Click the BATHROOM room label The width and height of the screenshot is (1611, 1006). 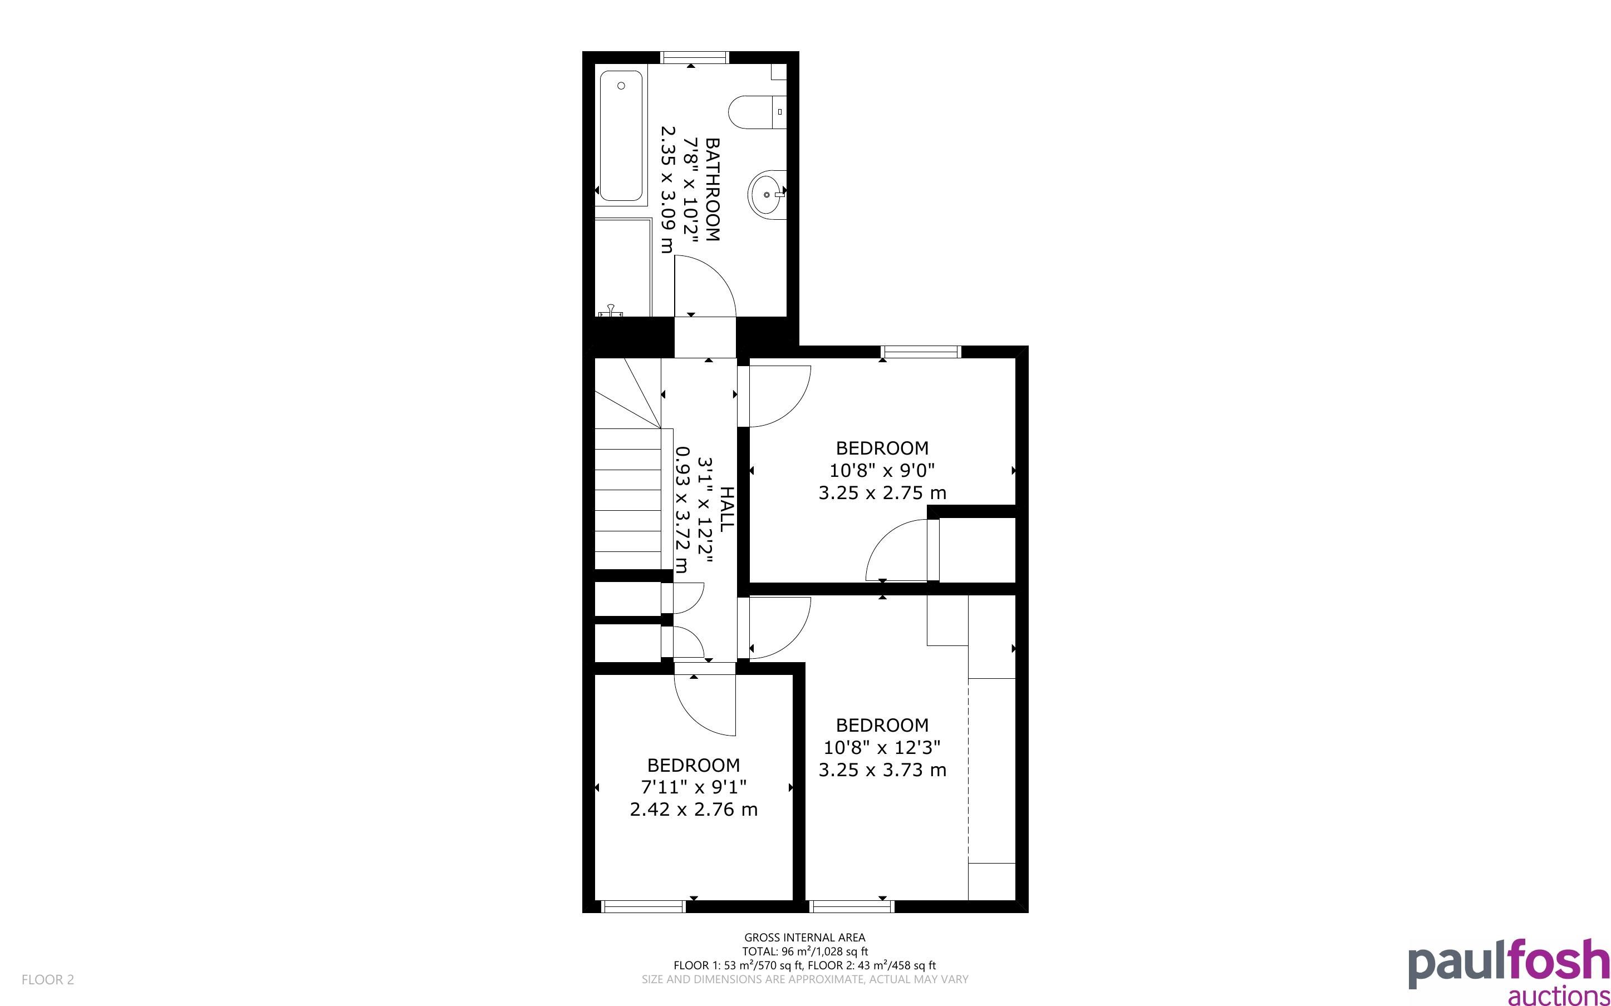pos(713,190)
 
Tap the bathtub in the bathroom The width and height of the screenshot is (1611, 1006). pos(621,136)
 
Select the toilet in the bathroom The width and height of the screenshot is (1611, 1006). pos(757,112)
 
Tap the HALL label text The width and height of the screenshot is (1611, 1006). pos(728,509)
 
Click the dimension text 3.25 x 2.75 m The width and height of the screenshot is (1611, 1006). pos(882,493)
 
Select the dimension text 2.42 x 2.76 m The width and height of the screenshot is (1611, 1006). pos(694,810)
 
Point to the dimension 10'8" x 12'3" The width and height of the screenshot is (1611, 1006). pos(882,748)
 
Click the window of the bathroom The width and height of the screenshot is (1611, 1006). pos(695,57)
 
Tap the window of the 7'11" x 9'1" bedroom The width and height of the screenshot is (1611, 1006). pos(644,906)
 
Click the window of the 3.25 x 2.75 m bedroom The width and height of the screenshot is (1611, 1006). pos(922,352)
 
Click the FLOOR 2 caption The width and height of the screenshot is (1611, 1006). pos(48,979)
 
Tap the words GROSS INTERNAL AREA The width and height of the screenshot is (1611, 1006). pos(804,938)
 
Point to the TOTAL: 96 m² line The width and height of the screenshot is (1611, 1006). pos(804,951)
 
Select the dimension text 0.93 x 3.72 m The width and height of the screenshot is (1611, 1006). pos(681,510)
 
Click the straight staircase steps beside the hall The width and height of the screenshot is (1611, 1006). pos(627,499)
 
